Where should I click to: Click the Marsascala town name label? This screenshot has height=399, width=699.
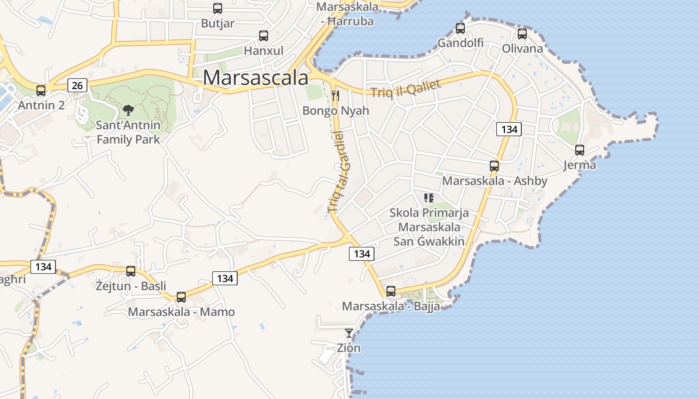pos(256,78)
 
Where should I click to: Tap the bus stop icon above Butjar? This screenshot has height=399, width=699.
pos(218,8)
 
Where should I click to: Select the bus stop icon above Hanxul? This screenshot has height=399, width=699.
pos(263,36)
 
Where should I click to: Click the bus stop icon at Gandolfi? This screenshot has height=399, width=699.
pos(460,28)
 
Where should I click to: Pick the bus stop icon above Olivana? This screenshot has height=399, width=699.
pos(522,34)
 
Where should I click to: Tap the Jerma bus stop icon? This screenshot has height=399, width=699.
pos(580,150)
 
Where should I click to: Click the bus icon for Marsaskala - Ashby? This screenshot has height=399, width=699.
pos(494,166)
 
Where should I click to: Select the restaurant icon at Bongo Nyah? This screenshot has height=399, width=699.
pos(336,95)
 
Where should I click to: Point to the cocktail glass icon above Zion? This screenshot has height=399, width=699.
pos(349,333)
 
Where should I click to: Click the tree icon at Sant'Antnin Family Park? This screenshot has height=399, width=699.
pos(128,110)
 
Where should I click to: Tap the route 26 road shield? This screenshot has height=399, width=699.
pos(77,85)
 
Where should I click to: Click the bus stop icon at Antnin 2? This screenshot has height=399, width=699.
pos(41,91)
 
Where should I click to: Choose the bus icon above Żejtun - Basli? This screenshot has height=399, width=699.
pos(131,271)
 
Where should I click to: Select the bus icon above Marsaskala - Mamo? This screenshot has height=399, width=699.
pos(181,297)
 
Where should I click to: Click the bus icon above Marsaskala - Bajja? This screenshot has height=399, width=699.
pos(391,291)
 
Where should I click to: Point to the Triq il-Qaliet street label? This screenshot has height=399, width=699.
pos(406,88)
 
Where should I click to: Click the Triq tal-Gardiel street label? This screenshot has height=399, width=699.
pos(340,172)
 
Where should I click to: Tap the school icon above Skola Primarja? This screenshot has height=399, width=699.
pos(428,198)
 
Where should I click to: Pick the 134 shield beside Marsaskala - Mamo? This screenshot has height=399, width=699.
pos(225,278)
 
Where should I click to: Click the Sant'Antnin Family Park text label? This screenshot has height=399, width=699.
pos(128,132)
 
